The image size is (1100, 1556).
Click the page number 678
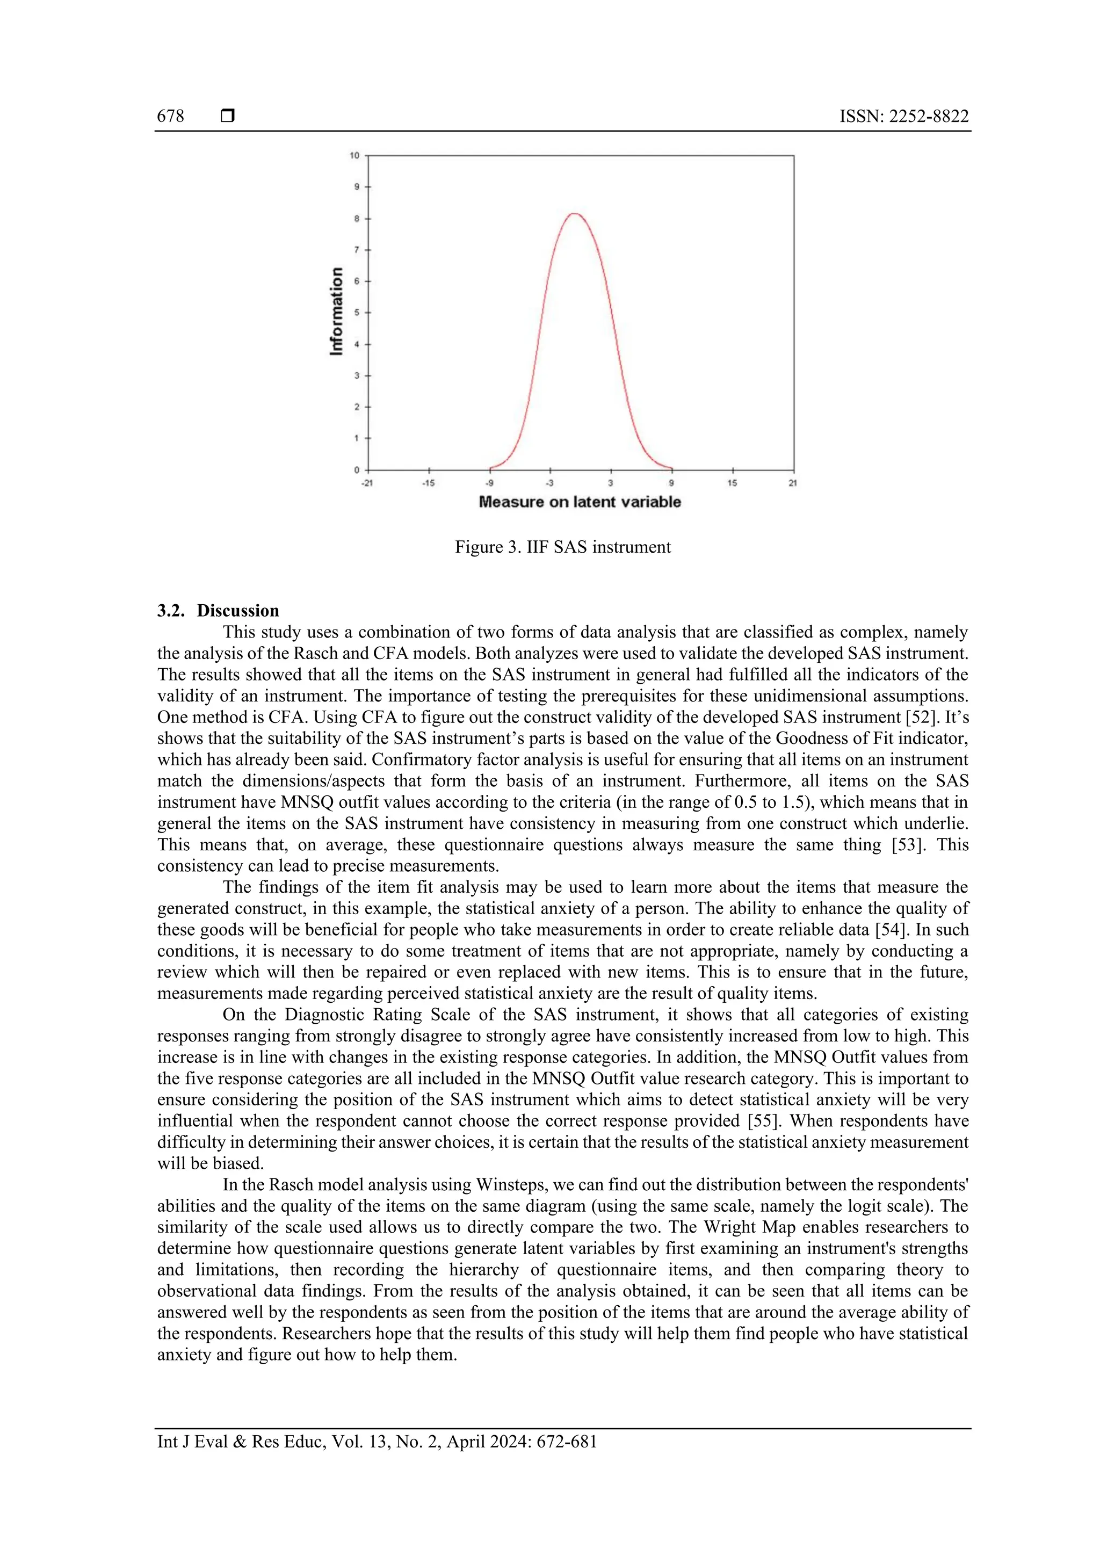click(170, 116)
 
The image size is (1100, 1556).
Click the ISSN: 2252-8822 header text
click(903, 116)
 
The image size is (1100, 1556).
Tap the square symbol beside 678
click(228, 116)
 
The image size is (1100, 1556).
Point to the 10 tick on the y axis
click(354, 156)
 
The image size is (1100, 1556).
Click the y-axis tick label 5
click(357, 313)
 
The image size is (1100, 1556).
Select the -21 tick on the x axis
click(367, 483)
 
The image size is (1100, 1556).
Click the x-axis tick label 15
click(732, 483)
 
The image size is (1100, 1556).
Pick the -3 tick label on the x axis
click(549, 483)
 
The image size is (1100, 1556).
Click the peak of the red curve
click(574, 214)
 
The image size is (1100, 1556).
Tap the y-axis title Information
click(336, 311)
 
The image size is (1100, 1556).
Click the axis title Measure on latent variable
click(580, 502)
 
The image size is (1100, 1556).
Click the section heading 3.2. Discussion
click(218, 611)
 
